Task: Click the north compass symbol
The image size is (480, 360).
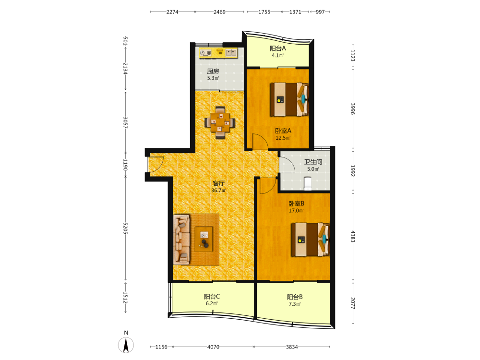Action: pyautogui.click(x=126, y=345)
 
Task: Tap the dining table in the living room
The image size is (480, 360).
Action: pyautogui.click(x=220, y=123)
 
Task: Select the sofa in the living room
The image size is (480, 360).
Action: pyautogui.click(x=181, y=240)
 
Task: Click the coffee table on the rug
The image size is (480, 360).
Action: pyautogui.click(x=204, y=239)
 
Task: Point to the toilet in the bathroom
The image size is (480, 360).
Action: pyautogui.click(x=308, y=183)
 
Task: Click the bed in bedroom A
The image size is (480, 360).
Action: pyautogui.click(x=289, y=99)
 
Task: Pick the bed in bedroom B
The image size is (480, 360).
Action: pyautogui.click(x=310, y=240)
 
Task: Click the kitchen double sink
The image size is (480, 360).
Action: pyautogui.click(x=231, y=53)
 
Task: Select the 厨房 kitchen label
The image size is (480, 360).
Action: pyautogui.click(x=213, y=72)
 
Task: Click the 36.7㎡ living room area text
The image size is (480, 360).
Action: pyautogui.click(x=218, y=191)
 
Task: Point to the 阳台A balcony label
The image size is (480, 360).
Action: pyautogui.click(x=277, y=48)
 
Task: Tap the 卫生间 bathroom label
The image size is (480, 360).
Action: pyautogui.click(x=313, y=162)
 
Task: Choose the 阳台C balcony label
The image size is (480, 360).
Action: pyautogui.click(x=212, y=297)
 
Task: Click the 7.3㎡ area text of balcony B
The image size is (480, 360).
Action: pyautogui.click(x=295, y=304)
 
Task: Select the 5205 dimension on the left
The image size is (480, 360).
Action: pyautogui.click(x=125, y=228)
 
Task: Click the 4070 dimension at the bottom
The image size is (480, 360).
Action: pyautogui.click(x=214, y=347)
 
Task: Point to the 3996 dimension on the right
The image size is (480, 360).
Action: pyautogui.click(x=353, y=108)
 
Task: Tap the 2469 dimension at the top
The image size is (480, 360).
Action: pyautogui.click(x=219, y=12)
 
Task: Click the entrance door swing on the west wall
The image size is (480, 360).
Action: pyautogui.click(x=156, y=164)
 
